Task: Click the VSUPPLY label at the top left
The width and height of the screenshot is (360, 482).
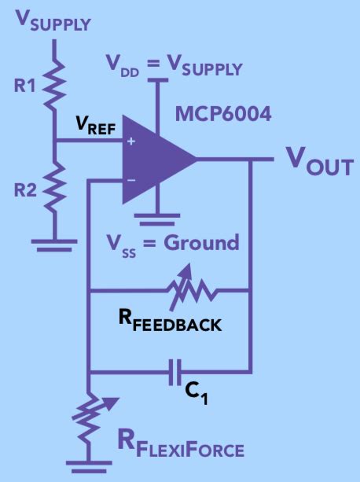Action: coord(51,20)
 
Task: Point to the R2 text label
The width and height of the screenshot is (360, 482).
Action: coord(26,189)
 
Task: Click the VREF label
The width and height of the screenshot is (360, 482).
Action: coord(94,125)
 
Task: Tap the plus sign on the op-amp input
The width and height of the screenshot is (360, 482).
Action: coord(130,142)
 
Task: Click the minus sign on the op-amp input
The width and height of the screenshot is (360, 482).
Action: coord(130,180)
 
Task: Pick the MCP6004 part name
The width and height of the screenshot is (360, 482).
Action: coord(224,115)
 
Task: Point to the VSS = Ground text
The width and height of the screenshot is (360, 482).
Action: coord(174,242)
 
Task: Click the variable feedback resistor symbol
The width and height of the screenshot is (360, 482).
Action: coord(189,290)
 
